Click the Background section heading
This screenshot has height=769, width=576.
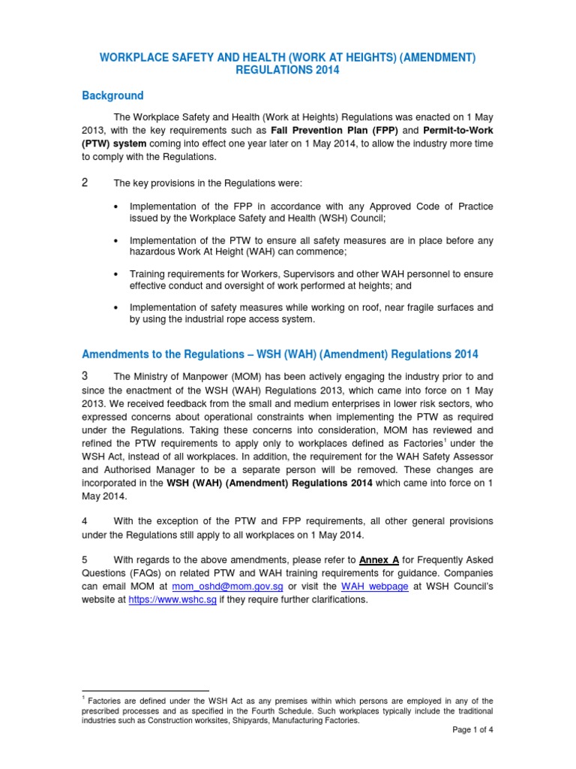tap(112, 96)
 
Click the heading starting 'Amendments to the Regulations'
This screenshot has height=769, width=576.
tap(279, 354)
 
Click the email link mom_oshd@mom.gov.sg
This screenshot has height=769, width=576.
tap(227, 587)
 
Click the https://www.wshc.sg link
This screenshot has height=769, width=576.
tap(172, 600)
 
